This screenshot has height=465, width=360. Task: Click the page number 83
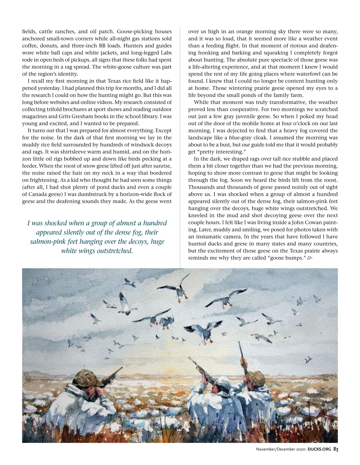[x=336, y=449]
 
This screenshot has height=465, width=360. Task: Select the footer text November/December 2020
[x=280, y=449]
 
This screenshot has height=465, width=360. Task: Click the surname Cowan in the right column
[x=310, y=222]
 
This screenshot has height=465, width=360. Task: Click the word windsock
[x=144, y=145]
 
